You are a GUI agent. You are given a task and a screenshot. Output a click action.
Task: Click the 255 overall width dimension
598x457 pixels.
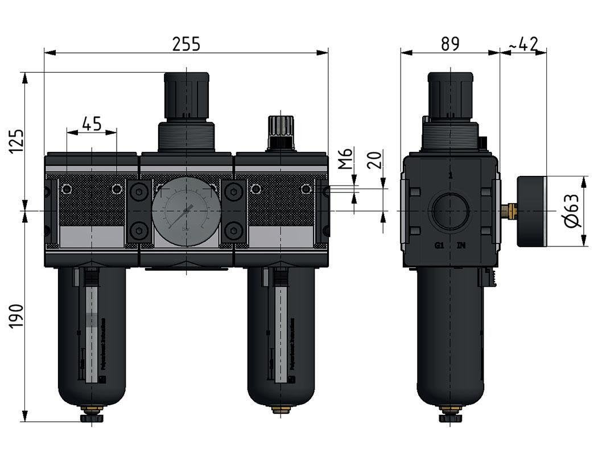(x=187, y=44)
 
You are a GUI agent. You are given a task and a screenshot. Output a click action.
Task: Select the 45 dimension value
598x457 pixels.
(x=92, y=123)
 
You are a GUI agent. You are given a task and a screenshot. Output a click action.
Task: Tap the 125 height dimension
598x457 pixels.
(x=17, y=141)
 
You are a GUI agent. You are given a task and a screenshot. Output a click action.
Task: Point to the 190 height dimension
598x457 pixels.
(x=17, y=315)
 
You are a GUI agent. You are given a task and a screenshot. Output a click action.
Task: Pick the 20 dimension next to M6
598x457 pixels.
(x=374, y=159)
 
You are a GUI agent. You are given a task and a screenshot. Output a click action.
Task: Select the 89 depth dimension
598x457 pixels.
(x=449, y=44)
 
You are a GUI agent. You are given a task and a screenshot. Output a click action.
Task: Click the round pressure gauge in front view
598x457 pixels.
(x=185, y=211)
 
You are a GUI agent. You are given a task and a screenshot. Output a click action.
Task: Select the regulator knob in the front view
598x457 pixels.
(x=185, y=94)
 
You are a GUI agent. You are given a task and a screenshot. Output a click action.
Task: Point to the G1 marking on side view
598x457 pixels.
(x=439, y=246)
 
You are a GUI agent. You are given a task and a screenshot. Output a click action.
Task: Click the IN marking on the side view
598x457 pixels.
(x=461, y=246)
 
